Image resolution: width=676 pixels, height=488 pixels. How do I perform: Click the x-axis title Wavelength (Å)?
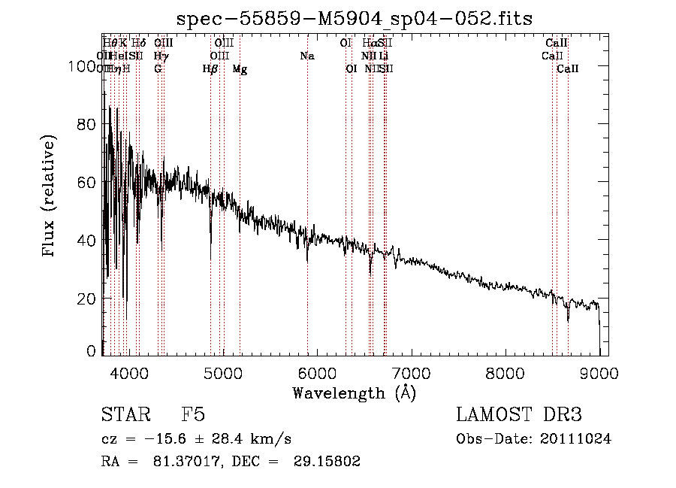(x=354, y=393)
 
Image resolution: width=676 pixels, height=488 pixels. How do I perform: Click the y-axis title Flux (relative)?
(x=50, y=197)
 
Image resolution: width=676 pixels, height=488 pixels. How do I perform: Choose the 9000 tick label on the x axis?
(x=599, y=371)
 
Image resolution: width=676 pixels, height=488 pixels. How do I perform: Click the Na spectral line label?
(x=306, y=56)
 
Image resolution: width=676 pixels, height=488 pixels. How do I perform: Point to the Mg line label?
(x=240, y=69)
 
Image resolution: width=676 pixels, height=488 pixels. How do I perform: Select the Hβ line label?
(x=210, y=69)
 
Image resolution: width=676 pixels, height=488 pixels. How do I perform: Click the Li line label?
(x=384, y=56)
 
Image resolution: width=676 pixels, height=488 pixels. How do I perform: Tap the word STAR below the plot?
(x=124, y=415)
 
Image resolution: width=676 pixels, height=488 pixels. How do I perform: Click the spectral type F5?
(x=193, y=415)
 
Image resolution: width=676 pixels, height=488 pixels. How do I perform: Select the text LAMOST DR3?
(x=518, y=415)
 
